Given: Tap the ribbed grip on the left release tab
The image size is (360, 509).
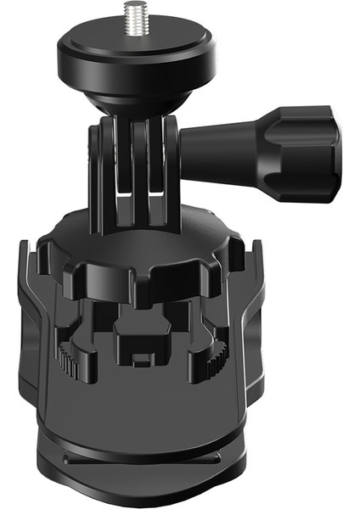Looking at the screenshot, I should coord(69,361).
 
